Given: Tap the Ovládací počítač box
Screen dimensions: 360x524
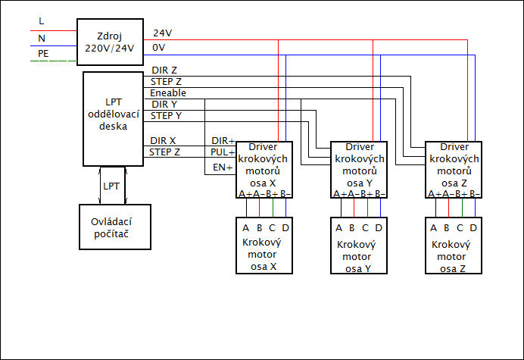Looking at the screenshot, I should (115, 226).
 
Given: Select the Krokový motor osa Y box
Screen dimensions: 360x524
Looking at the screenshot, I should (360, 246).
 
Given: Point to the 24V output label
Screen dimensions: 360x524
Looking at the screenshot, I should (163, 33).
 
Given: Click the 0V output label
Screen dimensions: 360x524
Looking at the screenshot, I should (160, 47).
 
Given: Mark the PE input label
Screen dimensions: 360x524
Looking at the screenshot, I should (43, 54).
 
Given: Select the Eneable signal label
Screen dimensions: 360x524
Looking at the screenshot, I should (168, 92).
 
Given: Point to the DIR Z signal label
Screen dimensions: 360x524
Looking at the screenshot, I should (164, 70).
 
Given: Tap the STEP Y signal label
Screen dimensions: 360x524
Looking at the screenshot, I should (166, 115).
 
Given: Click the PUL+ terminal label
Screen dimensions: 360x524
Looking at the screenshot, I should (223, 152).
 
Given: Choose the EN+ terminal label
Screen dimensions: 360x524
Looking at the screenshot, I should (223, 167).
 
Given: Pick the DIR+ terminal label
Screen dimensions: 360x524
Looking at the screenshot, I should (223, 141).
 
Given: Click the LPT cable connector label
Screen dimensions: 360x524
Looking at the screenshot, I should (111, 186).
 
